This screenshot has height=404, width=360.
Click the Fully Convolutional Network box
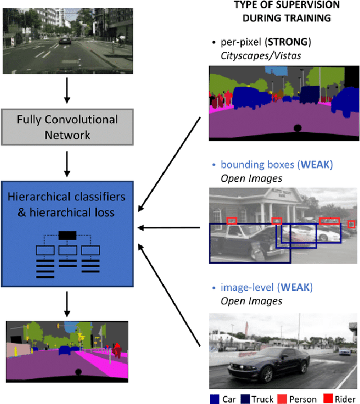click(x=67, y=127)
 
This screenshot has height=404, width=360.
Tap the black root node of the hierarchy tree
click(x=67, y=236)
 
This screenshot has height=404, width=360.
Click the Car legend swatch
click(x=214, y=398)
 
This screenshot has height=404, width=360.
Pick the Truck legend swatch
click(x=245, y=398)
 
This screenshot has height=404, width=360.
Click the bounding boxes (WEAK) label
click(x=273, y=165)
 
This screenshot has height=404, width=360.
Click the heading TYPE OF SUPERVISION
click(x=286, y=5)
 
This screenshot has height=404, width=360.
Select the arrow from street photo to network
click(x=67, y=91)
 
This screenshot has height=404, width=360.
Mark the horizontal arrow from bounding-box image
click(x=169, y=228)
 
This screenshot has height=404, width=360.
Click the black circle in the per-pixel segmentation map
click(x=297, y=128)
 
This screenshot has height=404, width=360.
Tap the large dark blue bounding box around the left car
click(x=250, y=243)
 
